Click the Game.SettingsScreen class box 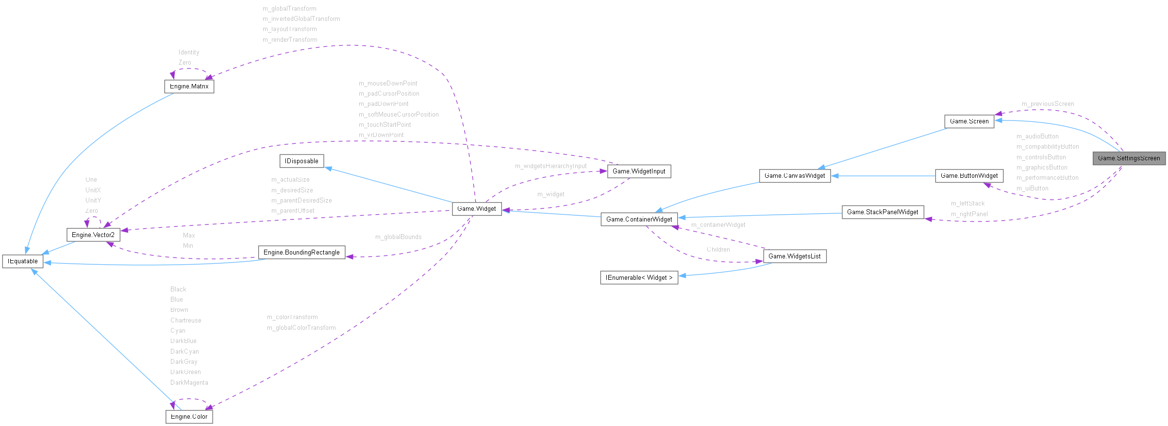(x=1129, y=158)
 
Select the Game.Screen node (x=969, y=121)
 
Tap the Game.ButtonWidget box (x=969, y=176)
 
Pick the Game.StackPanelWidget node (x=882, y=212)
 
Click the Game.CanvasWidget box (x=794, y=176)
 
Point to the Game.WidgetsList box (x=794, y=256)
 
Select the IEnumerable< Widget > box (x=639, y=278)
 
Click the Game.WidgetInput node (x=639, y=171)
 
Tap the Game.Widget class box (x=476, y=209)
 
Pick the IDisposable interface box (x=301, y=161)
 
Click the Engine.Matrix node (x=189, y=86)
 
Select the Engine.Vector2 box (x=93, y=235)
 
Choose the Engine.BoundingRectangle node (x=301, y=253)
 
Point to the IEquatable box (x=22, y=261)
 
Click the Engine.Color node (x=189, y=417)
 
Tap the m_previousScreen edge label (x=1048, y=104)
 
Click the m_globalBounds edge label (x=398, y=237)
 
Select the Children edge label (x=718, y=250)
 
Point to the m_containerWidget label (x=718, y=225)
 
